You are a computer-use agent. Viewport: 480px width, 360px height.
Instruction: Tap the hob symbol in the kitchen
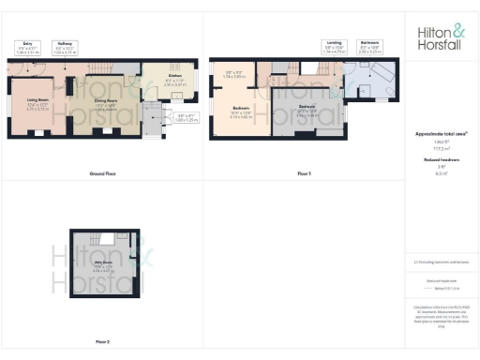175,66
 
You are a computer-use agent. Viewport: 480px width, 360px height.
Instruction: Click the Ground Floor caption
102,174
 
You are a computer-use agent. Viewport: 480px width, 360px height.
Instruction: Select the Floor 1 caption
304,174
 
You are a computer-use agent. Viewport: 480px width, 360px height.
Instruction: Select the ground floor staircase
146,118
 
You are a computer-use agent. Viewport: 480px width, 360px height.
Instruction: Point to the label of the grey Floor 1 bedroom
307,109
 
